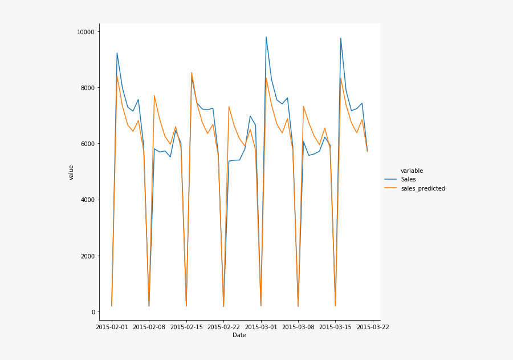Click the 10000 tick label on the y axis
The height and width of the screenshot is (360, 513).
pos(86,32)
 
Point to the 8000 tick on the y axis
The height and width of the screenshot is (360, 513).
pos(88,88)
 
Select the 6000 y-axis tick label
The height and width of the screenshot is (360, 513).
pos(88,144)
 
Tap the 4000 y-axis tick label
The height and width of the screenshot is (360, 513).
pos(88,200)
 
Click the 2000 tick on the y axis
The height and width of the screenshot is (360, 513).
pos(88,256)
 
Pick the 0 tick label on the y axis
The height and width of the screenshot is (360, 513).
pos(93,312)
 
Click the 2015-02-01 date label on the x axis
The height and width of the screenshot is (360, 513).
pos(112,327)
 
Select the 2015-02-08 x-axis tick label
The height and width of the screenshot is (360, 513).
pos(149,327)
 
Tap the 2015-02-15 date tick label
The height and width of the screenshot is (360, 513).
pos(186,327)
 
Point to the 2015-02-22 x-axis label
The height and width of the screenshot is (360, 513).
pos(223,327)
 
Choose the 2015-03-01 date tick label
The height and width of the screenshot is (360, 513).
pos(261,327)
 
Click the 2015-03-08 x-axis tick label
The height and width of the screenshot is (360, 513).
pos(298,327)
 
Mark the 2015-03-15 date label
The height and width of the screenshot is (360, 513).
pos(336,327)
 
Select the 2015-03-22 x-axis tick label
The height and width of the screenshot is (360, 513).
pos(373,327)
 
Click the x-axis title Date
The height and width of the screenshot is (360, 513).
pos(239,335)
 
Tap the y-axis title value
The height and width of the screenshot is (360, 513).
pos(71,172)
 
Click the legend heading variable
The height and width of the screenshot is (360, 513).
pos(412,171)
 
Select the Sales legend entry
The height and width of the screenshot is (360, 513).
pos(408,179)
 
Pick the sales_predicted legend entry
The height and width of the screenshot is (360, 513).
pos(422,188)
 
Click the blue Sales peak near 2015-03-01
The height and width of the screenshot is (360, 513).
pos(266,37)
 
